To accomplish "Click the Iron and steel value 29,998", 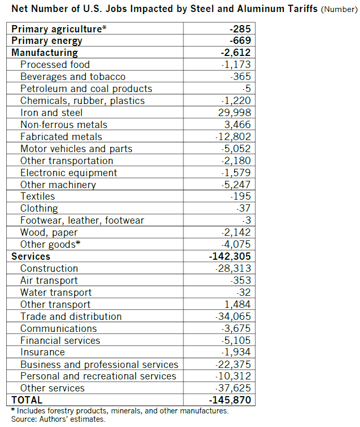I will [x=235, y=112].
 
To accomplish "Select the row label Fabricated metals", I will [x=61, y=136].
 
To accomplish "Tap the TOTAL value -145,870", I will [x=230, y=400].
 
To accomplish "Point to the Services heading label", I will [x=31, y=256].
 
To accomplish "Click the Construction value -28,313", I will [x=233, y=268].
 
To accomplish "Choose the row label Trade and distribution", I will [x=71, y=316].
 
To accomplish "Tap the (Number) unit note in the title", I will [x=339, y=10].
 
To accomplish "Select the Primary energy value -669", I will [x=240, y=41].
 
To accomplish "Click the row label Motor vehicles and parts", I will [x=76, y=148].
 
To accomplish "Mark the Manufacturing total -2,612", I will [x=236, y=52].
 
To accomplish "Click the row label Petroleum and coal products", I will [x=86, y=88].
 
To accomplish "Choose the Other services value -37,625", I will [x=233, y=388].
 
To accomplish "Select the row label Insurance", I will [x=42, y=352].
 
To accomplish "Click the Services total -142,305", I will [x=230, y=256].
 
